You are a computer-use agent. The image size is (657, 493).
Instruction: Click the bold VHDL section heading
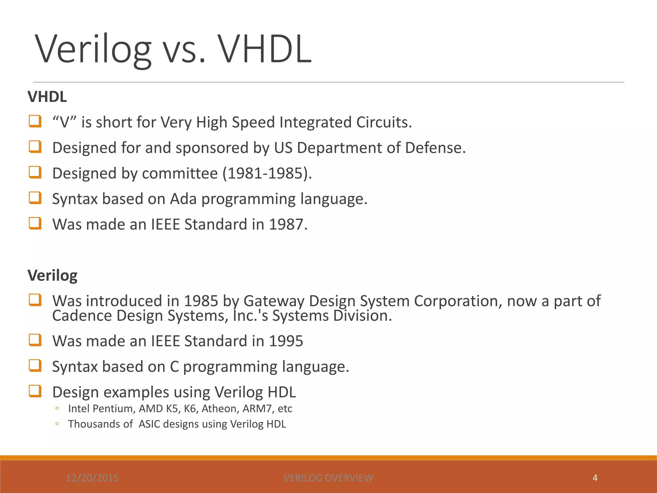click(47, 97)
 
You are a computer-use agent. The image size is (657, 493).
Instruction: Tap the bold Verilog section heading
click(52, 275)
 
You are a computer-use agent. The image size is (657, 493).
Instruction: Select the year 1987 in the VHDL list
click(286, 224)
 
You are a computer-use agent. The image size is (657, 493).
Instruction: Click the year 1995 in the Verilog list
click(286, 341)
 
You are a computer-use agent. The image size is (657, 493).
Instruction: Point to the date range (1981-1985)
click(267, 173)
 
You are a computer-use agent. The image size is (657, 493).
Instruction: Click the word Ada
click(183, 199)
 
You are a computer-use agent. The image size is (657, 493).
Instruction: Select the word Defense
click(435, 148)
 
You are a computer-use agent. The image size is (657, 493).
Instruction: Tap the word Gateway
click(274, 301)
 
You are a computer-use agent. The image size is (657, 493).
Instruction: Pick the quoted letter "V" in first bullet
click(64, 122)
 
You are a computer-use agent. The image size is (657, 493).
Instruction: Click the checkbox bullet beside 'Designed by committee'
click(35, 172)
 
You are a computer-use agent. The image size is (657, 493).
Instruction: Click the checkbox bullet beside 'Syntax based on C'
click(35, 366)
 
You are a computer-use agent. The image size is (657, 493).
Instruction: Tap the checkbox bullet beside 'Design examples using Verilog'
click(35, 391)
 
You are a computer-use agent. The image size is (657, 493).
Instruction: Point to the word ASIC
click(149, 424)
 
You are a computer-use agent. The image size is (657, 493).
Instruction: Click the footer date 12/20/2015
click(92, 478)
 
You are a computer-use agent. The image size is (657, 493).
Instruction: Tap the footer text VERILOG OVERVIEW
click(328, 478)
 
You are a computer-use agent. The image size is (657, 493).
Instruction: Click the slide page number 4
click(595, 478)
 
